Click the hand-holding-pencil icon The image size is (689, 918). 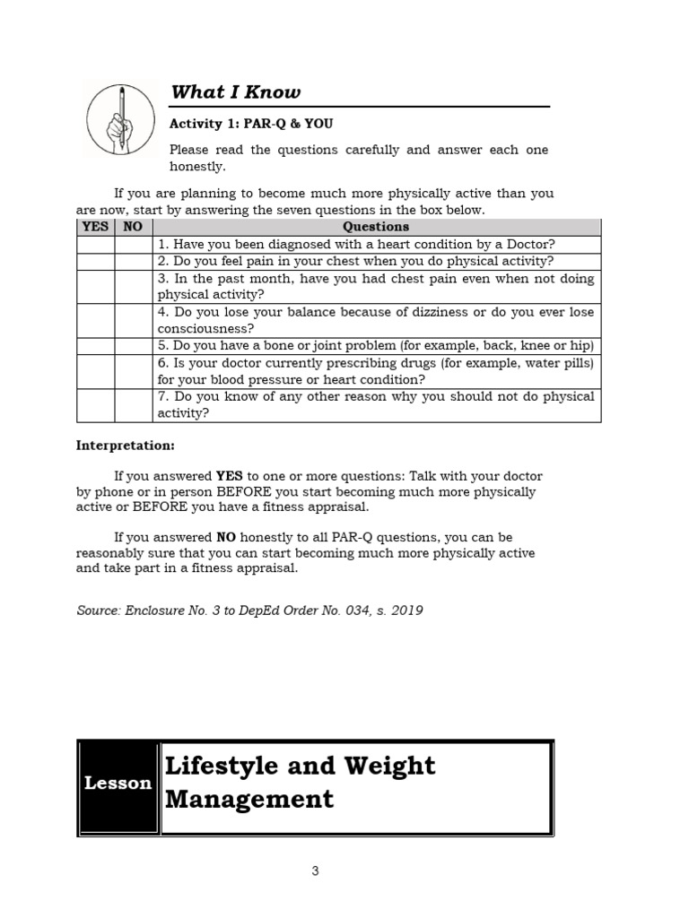tap(118, 117)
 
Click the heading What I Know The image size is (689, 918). tap(235, 92)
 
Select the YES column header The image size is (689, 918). tap(95, 227)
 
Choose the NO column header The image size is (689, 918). tap(133, 227)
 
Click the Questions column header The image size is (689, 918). tap(377, 227)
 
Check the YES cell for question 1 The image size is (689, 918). tap(95, 244)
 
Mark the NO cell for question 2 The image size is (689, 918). tap(133, 261)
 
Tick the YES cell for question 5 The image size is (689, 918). tap(95, 346)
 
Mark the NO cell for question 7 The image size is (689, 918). tap(133, 404)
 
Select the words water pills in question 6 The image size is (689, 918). tap(562, 363)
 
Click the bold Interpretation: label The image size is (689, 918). tap(126, 445)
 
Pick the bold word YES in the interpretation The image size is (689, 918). tap(230, 476)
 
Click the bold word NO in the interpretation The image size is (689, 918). tap(226, 537)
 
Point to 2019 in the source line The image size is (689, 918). tap(405, 611)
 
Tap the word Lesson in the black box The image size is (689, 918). tap(118, 784)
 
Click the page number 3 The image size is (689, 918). tap(316, 870)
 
